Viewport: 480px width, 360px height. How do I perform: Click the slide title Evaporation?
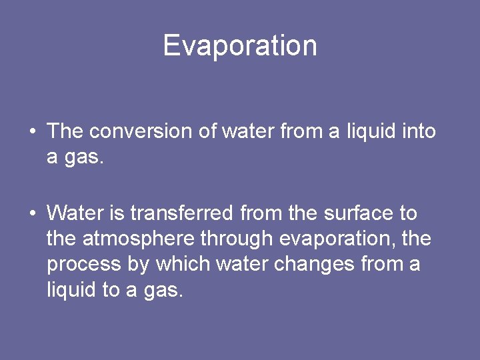[x=240, y=45]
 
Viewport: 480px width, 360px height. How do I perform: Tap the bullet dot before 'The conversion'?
[x=32, y=131]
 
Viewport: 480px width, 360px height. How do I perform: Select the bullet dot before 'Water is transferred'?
[x=32, y=214]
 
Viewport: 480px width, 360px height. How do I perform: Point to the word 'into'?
[x=419, y=131]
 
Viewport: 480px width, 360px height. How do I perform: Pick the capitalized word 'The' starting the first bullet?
[x=65, y=131]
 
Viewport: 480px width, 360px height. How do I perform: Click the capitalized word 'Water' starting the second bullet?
[x=72, y=213]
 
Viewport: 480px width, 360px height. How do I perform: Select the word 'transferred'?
[x=181, y=213]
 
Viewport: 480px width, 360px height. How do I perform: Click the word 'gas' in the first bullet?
[x=81, y=157]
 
